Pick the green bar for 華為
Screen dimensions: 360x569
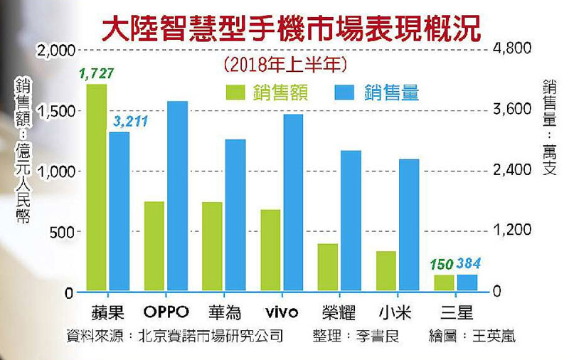[212, 246]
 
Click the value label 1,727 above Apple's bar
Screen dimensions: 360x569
[97, 73]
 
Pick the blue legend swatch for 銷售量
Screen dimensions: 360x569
[345, 92]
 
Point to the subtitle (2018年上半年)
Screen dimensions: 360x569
[284, 65]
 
